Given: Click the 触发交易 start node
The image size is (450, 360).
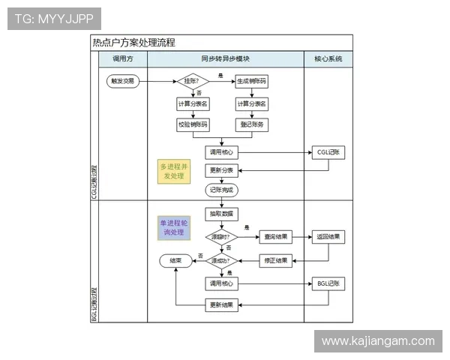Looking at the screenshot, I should tap(124, 80).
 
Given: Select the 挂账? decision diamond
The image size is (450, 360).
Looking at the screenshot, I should tap(192, 80).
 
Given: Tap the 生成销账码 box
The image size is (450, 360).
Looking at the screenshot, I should tap(253, 80).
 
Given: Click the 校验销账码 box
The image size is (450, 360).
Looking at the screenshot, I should tap(193, 124).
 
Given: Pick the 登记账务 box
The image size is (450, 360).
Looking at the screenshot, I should tap(253, 124).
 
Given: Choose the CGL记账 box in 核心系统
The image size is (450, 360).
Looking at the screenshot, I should tap(328, 152).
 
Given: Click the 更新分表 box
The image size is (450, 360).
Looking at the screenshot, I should tap(221, 169).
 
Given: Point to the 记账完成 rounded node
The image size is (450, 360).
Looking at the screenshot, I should tap(221, 190).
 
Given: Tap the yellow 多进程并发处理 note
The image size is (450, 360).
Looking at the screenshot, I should tap(173, 171).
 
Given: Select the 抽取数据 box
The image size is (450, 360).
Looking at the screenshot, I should tap(221, 214).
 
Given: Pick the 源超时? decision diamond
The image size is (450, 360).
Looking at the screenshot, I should tap(221, 237).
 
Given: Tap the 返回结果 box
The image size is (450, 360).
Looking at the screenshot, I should tap(328, 237).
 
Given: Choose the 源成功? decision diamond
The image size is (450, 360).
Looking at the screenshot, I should tap(221, 261).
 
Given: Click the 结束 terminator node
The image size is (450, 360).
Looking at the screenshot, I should tap(175, 261).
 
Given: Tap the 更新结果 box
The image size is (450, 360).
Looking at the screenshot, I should tap(221, 304).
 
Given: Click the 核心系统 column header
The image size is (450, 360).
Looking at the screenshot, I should tap(328, 58).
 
